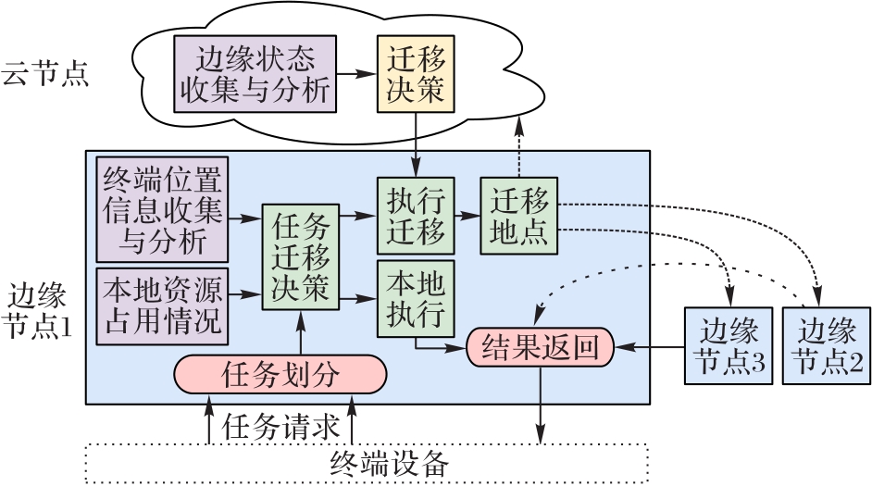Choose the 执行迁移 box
point(416,215)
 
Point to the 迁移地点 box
point(519,215)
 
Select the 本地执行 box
point(416,298)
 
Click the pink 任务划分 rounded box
point(280,375)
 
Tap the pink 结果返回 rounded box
point(541,348)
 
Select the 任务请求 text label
point(280,426)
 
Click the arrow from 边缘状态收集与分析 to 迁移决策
point(355,73)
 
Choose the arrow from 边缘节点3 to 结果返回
point(649,348)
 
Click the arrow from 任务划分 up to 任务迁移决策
point(302,333)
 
